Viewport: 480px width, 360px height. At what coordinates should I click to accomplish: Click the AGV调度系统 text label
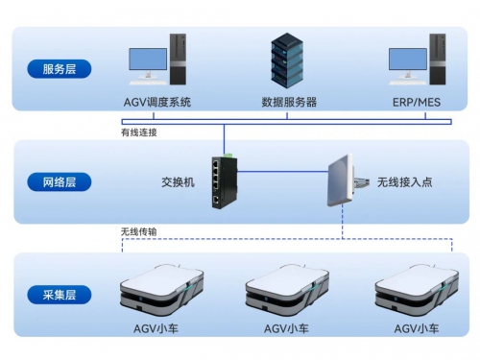(x=157, y=102)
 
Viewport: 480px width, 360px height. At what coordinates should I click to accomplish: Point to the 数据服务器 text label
(x=289, y=102)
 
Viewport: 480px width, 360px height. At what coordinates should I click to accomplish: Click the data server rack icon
(x=289, y=60)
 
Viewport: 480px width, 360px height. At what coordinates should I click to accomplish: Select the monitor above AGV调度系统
(x=147, y=63)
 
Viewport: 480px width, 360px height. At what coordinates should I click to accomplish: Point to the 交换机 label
(x=178, y=180)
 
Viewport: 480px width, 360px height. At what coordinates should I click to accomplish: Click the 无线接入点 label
(x=402, y=180)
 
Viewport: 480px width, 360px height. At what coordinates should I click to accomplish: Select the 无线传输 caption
(x=140, y=231)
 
